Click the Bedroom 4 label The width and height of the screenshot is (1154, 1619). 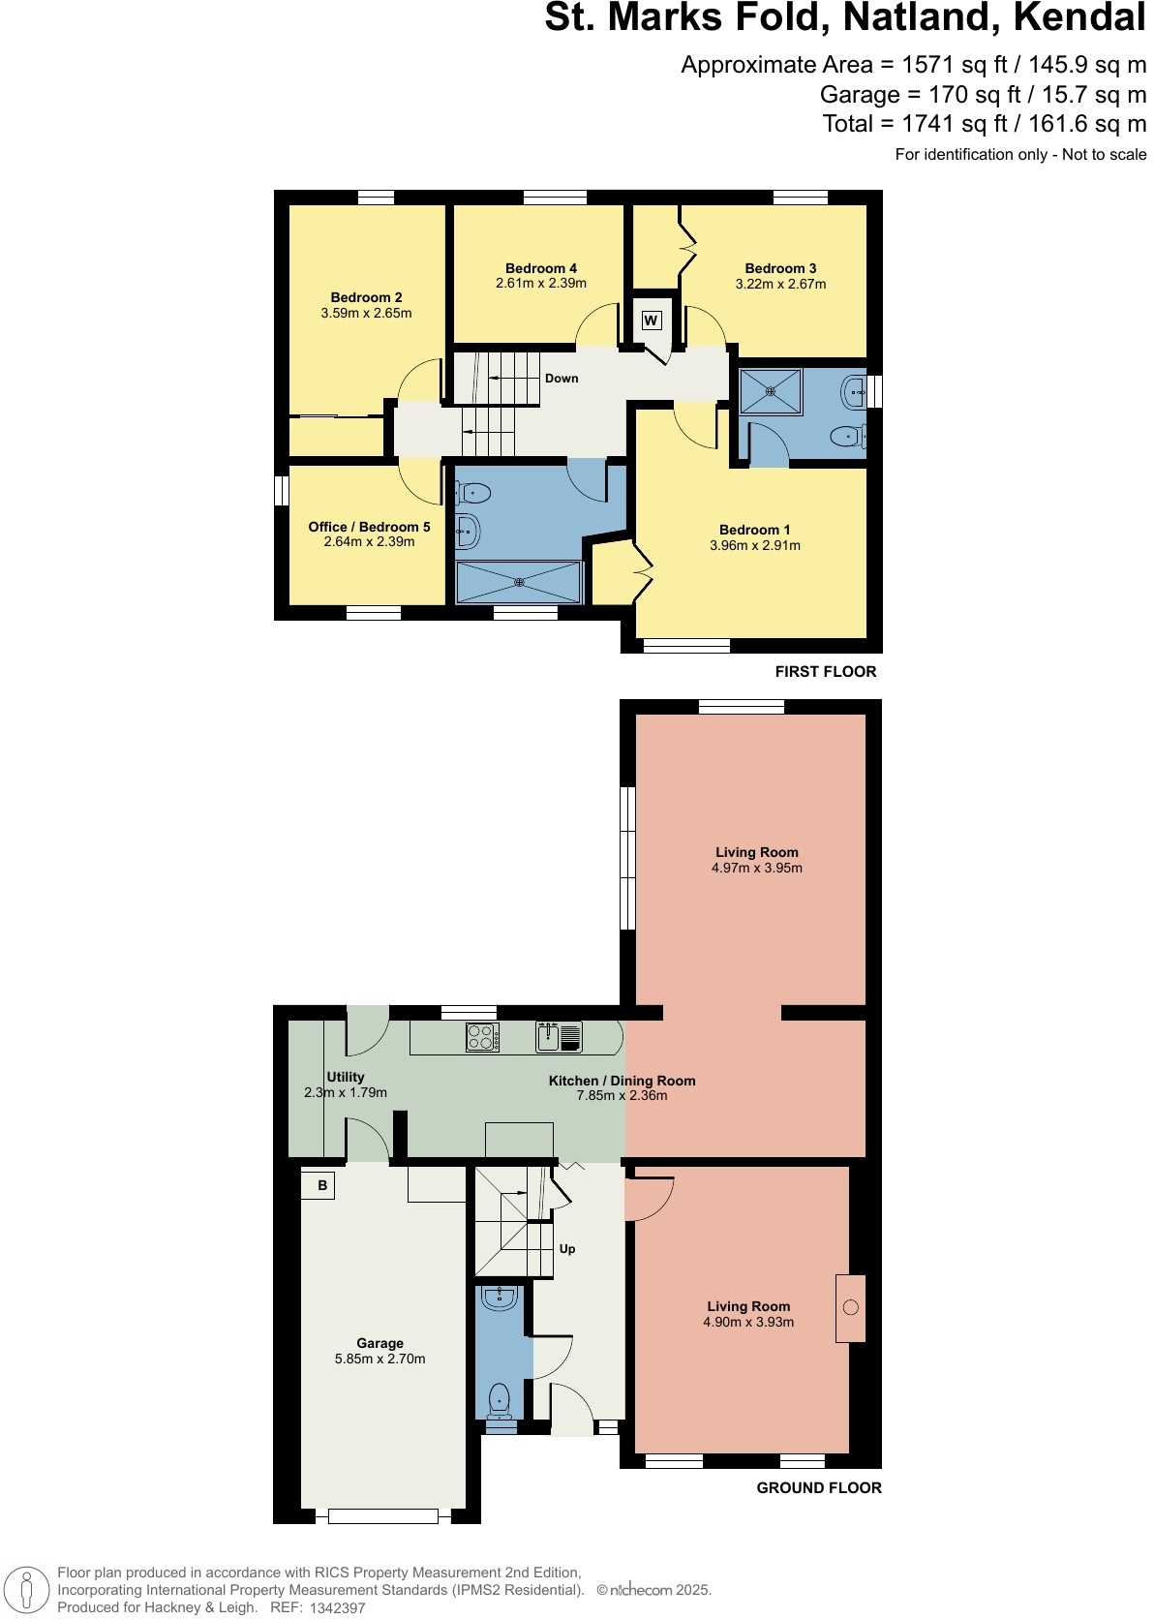(x=540, y=268)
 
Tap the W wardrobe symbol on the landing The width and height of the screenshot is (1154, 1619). (x=652, y=321)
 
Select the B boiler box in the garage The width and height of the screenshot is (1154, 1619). (x=321, y=1185)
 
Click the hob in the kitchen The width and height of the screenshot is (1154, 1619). (x=482, y=1037)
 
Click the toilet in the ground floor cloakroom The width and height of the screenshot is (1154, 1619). (x=499, y=1400)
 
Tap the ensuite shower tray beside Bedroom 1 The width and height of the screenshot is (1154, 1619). (x=771, y=391)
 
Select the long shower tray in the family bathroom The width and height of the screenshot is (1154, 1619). (x=519, y=582)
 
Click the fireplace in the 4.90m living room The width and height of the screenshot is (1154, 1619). (x=850, y=1308)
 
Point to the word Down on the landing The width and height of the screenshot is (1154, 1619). (x=562, y=379)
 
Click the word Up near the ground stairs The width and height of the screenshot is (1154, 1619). (x=567, y=1249)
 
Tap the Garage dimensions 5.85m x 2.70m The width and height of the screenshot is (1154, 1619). (x=380, y=1359)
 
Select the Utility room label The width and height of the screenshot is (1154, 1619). (x=346, y=1077)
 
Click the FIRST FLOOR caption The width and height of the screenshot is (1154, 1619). (x=825, y=672)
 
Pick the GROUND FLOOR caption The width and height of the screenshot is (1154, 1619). (x=818, y=1488)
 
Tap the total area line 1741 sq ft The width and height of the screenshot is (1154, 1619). (x=984, y=124)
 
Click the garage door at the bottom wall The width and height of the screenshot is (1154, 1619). (x=382, y=1515)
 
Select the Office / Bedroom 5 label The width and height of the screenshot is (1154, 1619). (x=369, y=527)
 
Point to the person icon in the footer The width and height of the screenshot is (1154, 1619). (x=27, y=1590)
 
